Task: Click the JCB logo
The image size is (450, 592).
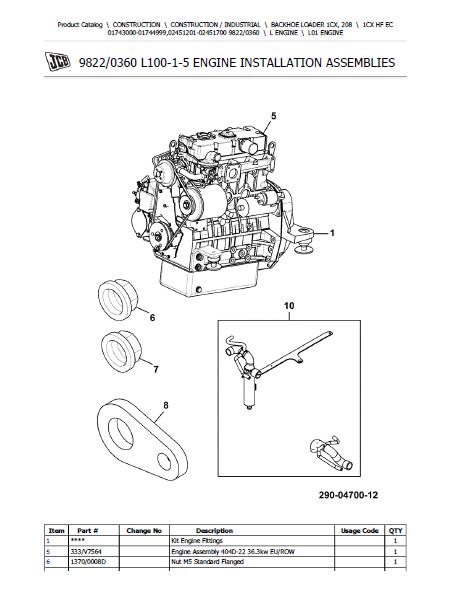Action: click(57, 62)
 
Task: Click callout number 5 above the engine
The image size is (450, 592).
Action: click(274, 116)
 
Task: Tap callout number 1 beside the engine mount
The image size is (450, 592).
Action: click(332, 233)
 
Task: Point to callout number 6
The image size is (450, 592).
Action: click(152, 318)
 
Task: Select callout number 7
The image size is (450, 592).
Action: click(156, 370)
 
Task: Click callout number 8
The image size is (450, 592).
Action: click(166, 406)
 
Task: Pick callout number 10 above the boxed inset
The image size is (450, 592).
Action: click(289, 306)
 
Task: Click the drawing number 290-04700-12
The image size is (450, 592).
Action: click(348, 495)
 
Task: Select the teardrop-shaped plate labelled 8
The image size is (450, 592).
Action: click(142, 440)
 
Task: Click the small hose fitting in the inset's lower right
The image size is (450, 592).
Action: click(331, 454)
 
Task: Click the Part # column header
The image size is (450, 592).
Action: click(88, 530)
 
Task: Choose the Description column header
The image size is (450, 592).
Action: click(214, 530)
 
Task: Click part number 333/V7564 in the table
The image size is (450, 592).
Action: click(86, 552)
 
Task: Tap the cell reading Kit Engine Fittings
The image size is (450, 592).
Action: click(197, 541)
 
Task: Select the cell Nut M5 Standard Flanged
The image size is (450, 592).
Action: click(207, 562)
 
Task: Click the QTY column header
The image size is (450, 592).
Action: click(395, 530)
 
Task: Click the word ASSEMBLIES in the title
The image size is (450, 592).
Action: click(360, 62)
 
